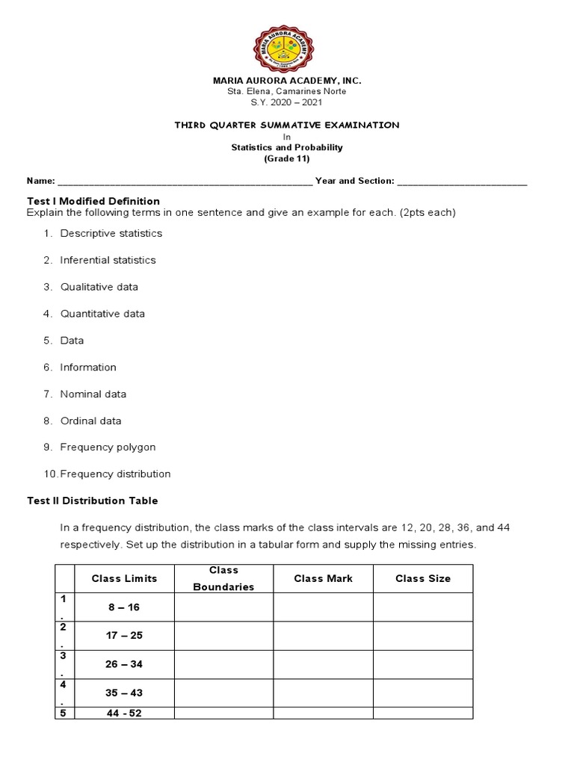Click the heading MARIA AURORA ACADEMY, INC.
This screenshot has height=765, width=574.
pos(287,81)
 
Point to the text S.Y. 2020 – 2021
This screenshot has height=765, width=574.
pos(287,102)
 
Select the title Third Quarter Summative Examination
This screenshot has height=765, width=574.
pos(287,126)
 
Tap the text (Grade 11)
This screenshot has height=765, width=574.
pos(287,158)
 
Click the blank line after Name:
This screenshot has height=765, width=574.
pos(185,182)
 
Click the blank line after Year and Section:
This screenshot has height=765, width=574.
pos(462,182)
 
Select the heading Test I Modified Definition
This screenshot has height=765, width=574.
pos(93,201)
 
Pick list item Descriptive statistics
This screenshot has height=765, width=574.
pos(111,233)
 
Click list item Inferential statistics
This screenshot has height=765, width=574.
pos(108,260)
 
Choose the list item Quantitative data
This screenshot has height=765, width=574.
pos(102,314)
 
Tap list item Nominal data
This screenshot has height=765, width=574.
pos(93,394)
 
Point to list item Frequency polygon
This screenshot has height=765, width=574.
pos(108,447)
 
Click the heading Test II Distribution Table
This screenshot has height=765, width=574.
pos(93,501)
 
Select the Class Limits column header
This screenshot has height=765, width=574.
pos(125,579)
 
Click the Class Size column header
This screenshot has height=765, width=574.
pos(423,579)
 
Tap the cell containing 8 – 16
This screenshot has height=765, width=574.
pos(124,607)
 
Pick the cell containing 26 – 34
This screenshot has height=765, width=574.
pos(124,664)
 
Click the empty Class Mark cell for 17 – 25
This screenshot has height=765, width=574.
pos(323,636)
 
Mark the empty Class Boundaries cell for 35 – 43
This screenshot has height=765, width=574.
pos(223,693)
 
